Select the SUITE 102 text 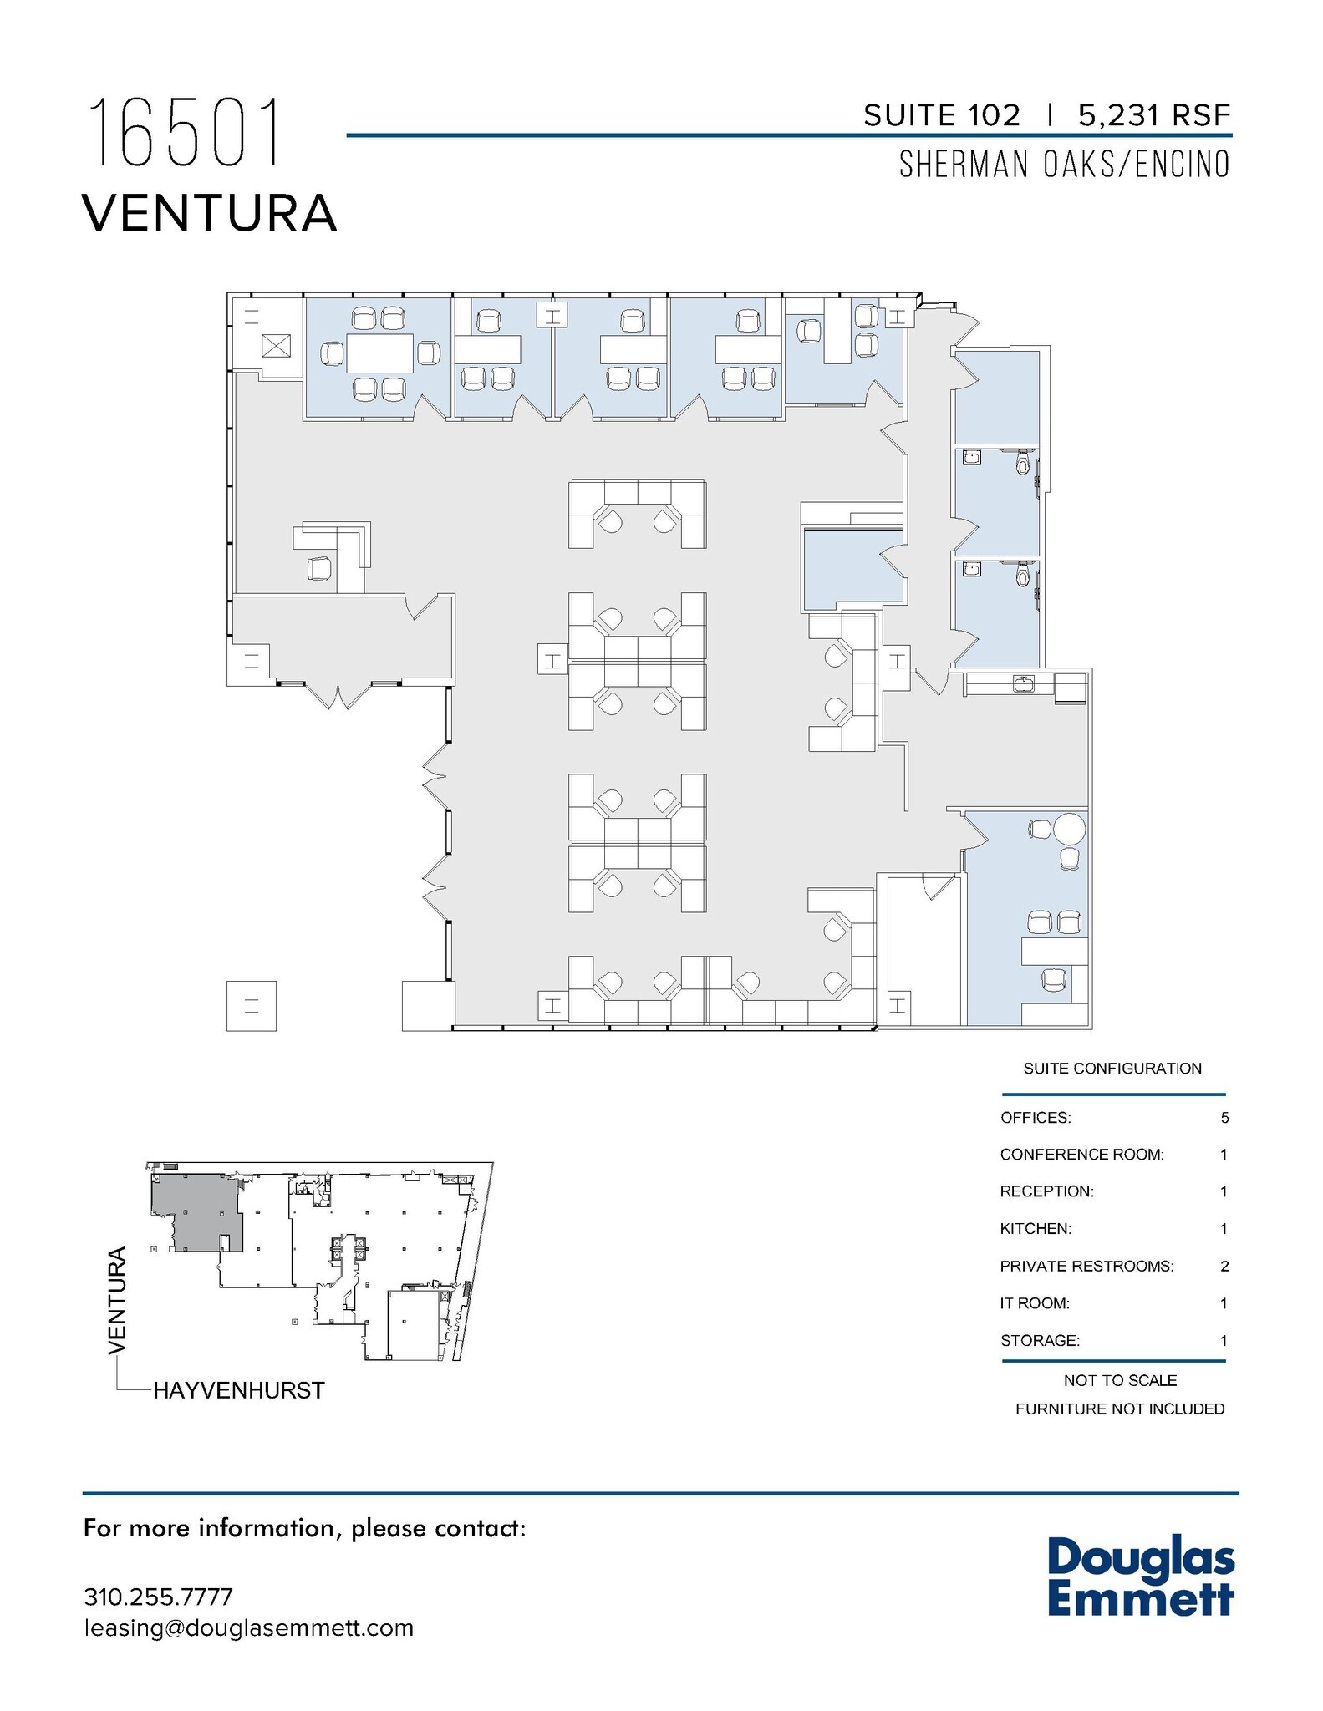pos(942,115)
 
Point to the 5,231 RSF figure pos(1155,115)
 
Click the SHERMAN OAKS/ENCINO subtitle pos(1065,164)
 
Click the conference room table pos(379,353)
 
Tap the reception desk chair pos(319,568)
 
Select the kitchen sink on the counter pos(1023,684)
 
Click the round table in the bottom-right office pos(1069,830)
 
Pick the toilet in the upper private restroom pos(1023,462)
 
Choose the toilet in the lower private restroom pos(1023,574)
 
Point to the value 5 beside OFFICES pos(1224,1118)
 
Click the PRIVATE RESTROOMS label pos(1086,1266)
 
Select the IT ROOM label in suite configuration pos(1035,1302)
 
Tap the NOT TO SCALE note pos(1120,1380)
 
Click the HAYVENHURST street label pos(239,1390)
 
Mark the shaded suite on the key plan pos(196,1211)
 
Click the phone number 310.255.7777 pos(158,1597)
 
